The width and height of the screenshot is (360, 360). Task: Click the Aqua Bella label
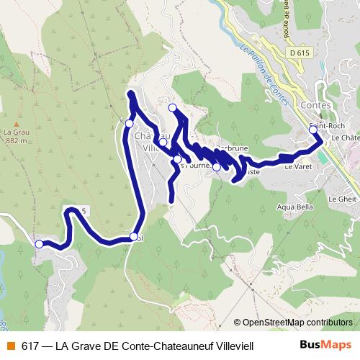click(x=292, y=207)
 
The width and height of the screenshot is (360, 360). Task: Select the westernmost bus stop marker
click(x=39, y=244)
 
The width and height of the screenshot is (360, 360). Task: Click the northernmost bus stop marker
click(x=172, y=108)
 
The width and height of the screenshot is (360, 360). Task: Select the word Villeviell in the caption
click(x=232, y=345)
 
